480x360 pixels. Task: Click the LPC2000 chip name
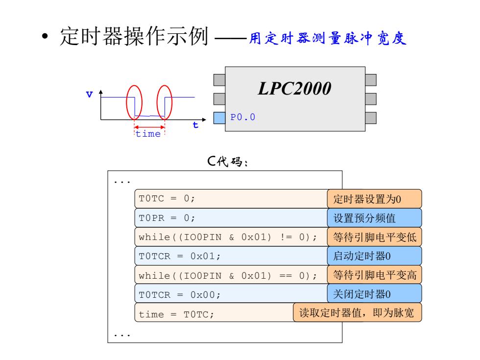pos(294,89)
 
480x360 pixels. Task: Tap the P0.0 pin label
pos(243,117)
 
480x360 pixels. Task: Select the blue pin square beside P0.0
pos(219,118)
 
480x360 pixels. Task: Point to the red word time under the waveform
pos(148,134)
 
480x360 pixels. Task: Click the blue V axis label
pos(89,94)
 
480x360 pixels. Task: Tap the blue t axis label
pos(195,124)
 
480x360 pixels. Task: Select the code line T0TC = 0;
pos(167,198)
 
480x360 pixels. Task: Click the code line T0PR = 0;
pos(167,218)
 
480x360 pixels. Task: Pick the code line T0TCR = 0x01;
pos(179,256)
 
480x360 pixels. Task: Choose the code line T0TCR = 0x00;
pos(179,294)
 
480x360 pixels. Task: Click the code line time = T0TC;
pos(176,314)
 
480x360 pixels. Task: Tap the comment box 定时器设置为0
pos(374,199)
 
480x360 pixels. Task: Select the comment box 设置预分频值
pos(374,218)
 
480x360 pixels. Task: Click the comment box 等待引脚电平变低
pos(374,237)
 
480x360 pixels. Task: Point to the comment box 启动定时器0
pos(374,256)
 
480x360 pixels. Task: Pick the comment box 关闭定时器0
pos(374,294)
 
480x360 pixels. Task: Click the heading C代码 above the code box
pos(227,161)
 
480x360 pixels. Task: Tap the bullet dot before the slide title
pos(45,36)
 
